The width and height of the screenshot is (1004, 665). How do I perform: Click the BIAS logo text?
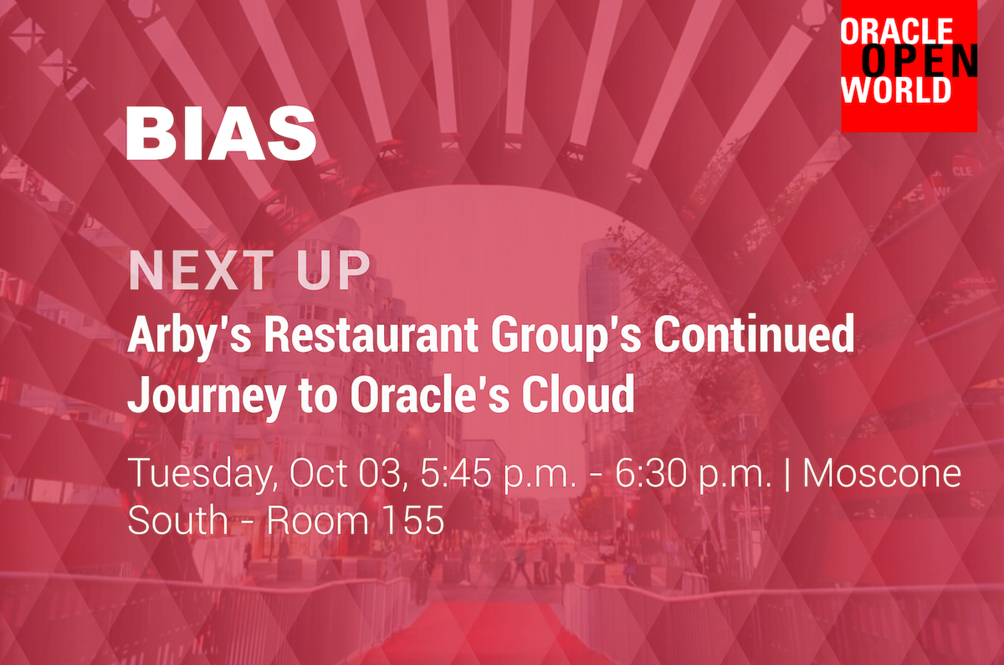pyautogui.click(x=222, y=133)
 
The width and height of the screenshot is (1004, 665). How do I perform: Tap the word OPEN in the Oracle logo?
pyautogui.click(x=919, y=61)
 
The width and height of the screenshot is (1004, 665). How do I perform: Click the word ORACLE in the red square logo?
pyautogui.click(x=897, y=31)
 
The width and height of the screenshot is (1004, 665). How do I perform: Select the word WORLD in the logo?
pyautogui.click(x=896, y=90)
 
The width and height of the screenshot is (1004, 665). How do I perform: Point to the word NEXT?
pyautogui.click(x=202, y=271)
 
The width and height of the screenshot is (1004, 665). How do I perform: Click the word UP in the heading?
pyautogui.click(x=334, y=271)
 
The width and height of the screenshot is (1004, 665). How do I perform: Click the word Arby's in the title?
pyautogui.click(x=190, y=335)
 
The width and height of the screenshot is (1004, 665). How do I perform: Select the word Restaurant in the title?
pyautogui.click(x=371, y=334)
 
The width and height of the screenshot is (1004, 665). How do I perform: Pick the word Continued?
pyautogui.click(x=754, y=333)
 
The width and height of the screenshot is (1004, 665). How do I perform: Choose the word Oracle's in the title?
pyautogui.click(x=429, y=394)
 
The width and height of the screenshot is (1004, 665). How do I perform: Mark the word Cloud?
pyautogui.click(x=578, y=394)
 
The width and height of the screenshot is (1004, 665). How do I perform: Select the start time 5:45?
pyautogui.click(x=455, y=473)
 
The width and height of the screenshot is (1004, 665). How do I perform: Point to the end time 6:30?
pyautogui.click(x=651, y=473)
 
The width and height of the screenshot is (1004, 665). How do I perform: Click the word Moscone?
pyautogui.click(x=882, y=473)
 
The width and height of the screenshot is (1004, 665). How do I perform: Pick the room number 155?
pyautogui.click(x=414, y=519)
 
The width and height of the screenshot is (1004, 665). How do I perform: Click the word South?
pyautogui.click(x=178, y=519)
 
